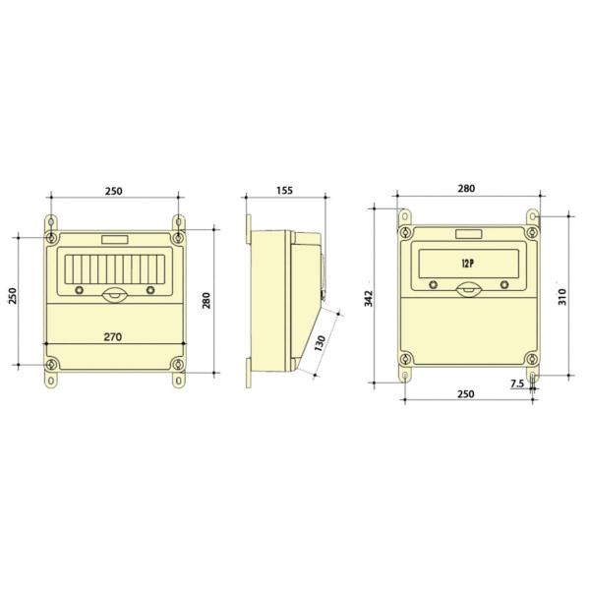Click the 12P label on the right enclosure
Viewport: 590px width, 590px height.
tap(467, 264)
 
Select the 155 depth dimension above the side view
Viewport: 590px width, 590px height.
tap(284, 190)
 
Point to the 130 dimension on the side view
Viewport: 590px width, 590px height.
tap(320, 344)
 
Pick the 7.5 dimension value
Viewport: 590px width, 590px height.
tap(517, 384)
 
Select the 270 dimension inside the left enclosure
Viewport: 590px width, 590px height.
tap(112, 336)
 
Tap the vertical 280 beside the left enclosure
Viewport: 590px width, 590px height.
tap(206, 300)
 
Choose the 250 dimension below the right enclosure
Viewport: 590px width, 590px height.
tap(466, 394)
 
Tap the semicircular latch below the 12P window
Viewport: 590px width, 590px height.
tap(467, 287)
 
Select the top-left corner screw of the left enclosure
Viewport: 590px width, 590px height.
tap(51, 237)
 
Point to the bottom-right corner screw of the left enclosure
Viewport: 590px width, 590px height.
tap(177, 366)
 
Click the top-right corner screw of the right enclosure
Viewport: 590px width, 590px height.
tap(531, 233)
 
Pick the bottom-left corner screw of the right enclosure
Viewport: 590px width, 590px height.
tap(404, 359)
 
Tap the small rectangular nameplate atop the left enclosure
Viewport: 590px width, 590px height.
tap(114, 239)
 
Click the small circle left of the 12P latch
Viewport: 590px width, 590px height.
tap(430, 284)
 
